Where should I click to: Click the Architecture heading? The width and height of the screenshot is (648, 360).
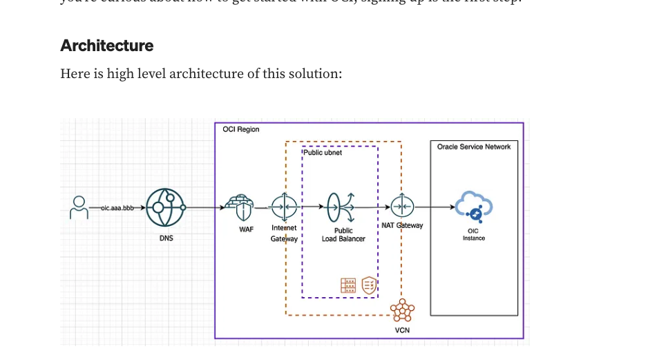107,46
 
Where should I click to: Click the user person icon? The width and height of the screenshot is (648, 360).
80,207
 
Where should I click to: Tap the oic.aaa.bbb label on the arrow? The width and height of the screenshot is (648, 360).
117,207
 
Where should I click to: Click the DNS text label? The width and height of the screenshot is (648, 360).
166,238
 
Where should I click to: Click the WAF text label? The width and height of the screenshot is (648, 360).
246,229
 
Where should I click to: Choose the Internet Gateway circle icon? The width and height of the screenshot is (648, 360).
284,207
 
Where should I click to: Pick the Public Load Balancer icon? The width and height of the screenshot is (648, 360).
341,206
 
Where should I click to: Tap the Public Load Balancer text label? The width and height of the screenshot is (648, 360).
343,235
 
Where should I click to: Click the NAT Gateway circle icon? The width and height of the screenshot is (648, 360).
402,206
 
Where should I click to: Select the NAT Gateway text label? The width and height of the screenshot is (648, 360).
402,225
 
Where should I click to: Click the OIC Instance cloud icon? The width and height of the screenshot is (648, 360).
474,206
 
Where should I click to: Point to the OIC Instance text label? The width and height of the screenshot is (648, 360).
474,235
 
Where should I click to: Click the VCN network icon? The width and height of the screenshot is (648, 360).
402,311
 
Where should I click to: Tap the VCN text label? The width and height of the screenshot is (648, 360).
402,330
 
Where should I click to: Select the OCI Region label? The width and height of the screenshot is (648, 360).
241,130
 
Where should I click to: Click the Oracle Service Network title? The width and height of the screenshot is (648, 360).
474,147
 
